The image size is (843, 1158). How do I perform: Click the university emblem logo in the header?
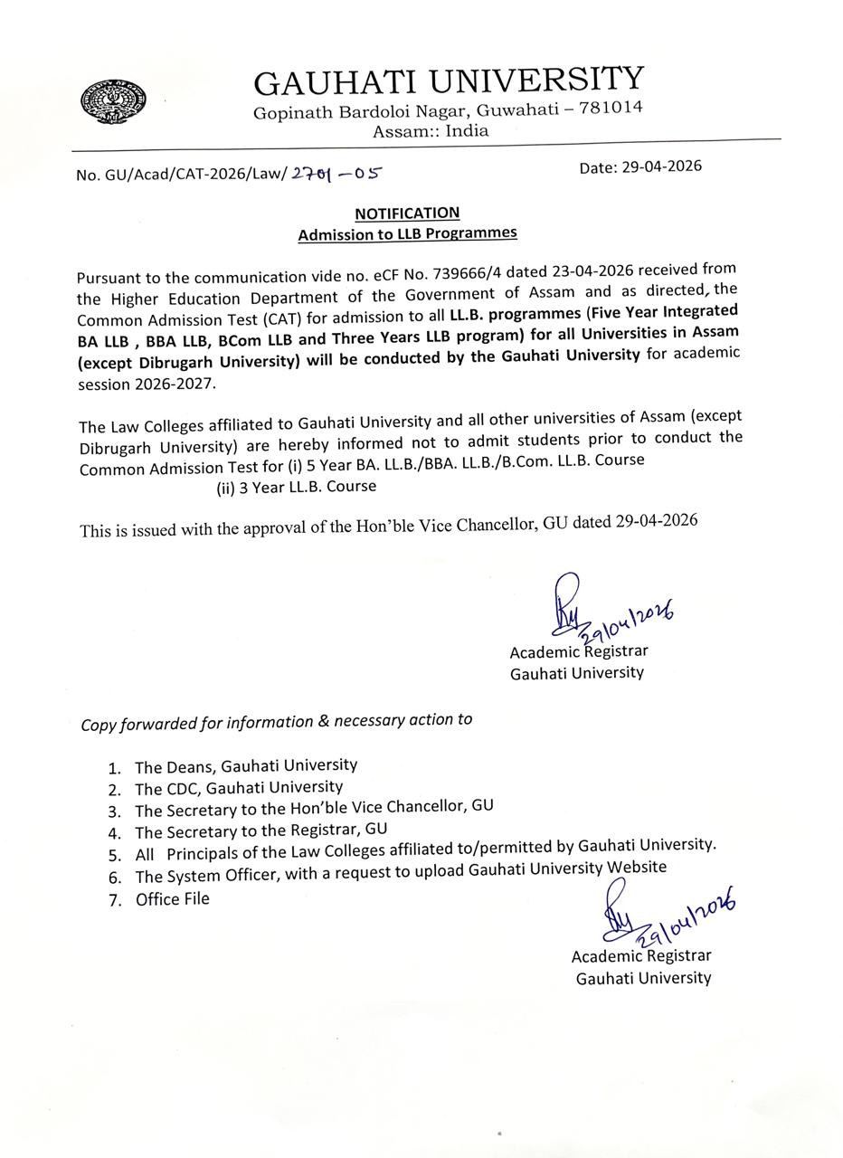[x=114, y=101]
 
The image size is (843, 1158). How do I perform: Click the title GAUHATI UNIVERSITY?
[x=448, y=81]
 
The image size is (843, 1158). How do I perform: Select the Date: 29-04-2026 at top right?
[x=640, y=166]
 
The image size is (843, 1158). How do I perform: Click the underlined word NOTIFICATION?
[x=407, y=214]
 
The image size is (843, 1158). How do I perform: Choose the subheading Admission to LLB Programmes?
[x=407, y=233]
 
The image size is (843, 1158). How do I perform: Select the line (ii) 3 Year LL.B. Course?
[x=296, y=487]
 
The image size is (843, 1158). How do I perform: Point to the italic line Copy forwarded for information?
[x=276, y=722]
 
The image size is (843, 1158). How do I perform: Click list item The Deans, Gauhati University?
[x=245, y=765]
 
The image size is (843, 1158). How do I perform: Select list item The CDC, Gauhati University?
[x=238, y=788]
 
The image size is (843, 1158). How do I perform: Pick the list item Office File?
[x=172, y=899]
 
